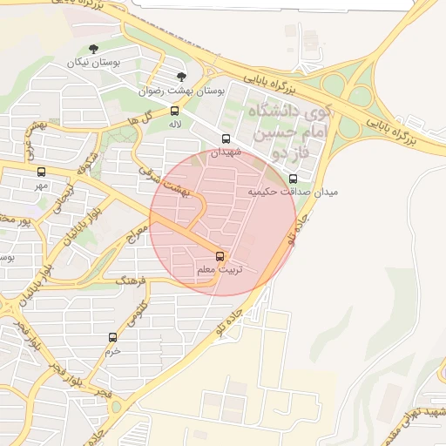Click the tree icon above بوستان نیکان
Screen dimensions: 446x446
click(x=94, y=49)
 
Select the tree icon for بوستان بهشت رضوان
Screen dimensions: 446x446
click(x=181, y=77)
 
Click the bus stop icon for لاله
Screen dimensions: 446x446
click(x=175, y=111)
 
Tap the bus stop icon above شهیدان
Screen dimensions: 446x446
click(x=226, y=139)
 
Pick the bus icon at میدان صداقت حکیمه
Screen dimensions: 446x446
click(x=293, y=179)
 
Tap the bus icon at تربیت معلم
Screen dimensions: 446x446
click(x=220, y=256)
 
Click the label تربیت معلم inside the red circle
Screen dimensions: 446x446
click(x=220, y=270)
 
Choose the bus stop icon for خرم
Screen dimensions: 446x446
click(x=111, y=337)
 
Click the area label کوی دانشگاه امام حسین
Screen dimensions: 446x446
click(x=290, y=124)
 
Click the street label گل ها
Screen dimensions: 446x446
click(x=150, y=118)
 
